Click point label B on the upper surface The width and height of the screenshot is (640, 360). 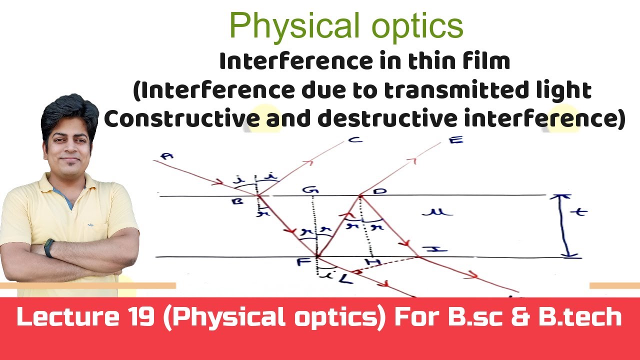point(237,201)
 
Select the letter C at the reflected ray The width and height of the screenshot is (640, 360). point(355,140)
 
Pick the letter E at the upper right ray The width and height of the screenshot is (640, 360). point(455,139)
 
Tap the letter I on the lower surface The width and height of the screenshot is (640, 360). point(428,249)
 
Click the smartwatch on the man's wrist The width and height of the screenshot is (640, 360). point(49,247)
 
